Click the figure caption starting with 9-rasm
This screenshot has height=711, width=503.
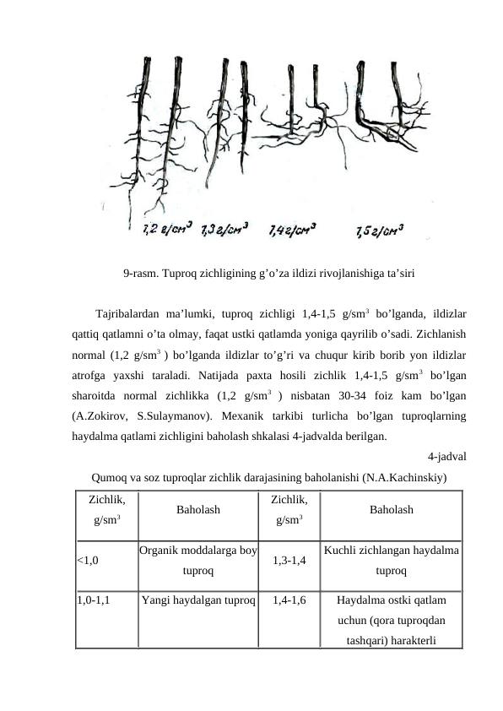click(268, 274)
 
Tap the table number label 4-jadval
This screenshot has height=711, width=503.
click(447, 458)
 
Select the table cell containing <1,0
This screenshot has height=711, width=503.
click(87, 559)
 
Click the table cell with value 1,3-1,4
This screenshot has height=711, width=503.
click(289, 559)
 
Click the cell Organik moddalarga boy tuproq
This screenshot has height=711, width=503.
click(198, 559)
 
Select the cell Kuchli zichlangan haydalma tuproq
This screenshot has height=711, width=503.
click(391, 559)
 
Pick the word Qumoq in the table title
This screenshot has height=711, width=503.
click(107, 477)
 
